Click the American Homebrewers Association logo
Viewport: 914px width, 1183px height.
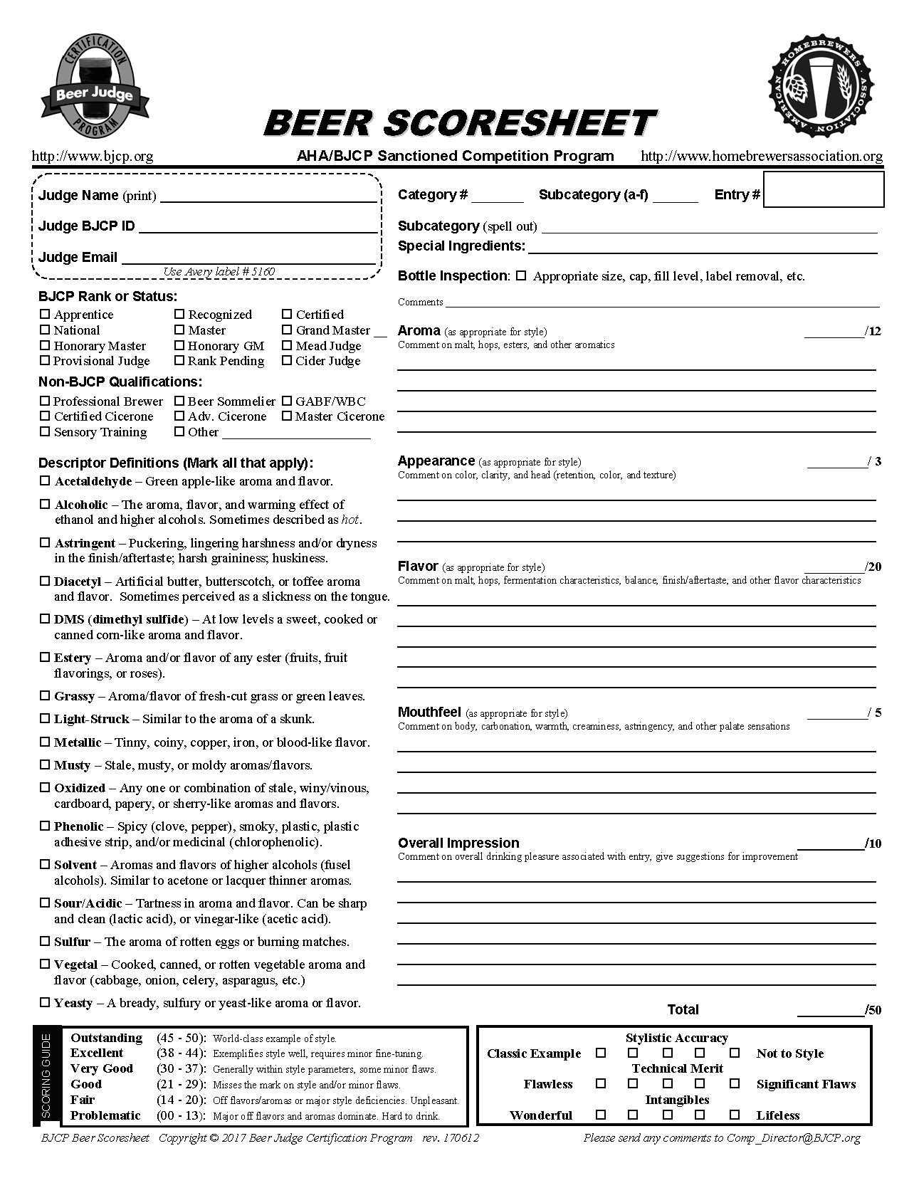coord(820,85)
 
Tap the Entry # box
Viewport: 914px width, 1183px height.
coord(823,189)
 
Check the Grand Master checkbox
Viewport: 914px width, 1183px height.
coord(287,330)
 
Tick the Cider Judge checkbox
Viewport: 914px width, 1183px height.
coord(287,361)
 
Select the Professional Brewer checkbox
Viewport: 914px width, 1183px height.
coord(45,401)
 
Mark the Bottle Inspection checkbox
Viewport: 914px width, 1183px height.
coord(521,275)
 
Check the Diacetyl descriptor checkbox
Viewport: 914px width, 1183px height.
coord(45,582)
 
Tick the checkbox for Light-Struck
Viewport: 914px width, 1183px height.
coord(45,719)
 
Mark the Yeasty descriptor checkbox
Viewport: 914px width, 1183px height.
coord(45,1003)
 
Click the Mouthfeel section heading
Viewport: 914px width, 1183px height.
coord(429,712)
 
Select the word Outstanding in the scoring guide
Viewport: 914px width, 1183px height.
coord(106,1038)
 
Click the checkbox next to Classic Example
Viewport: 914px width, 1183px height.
coord(601,1053)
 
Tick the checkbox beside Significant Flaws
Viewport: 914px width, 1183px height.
coord(735,1083)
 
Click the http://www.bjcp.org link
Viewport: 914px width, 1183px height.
coord(93,156)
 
